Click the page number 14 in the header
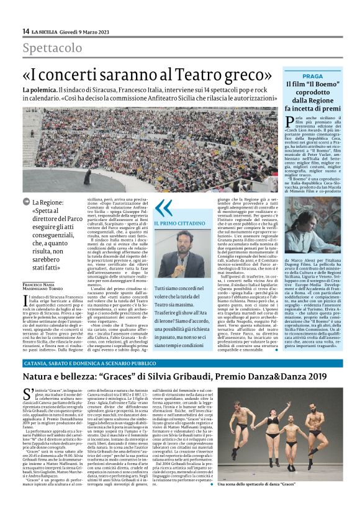pyautogui.click(x=25, y=32)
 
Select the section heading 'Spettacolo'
pyautogui.click(x=53, y=48)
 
